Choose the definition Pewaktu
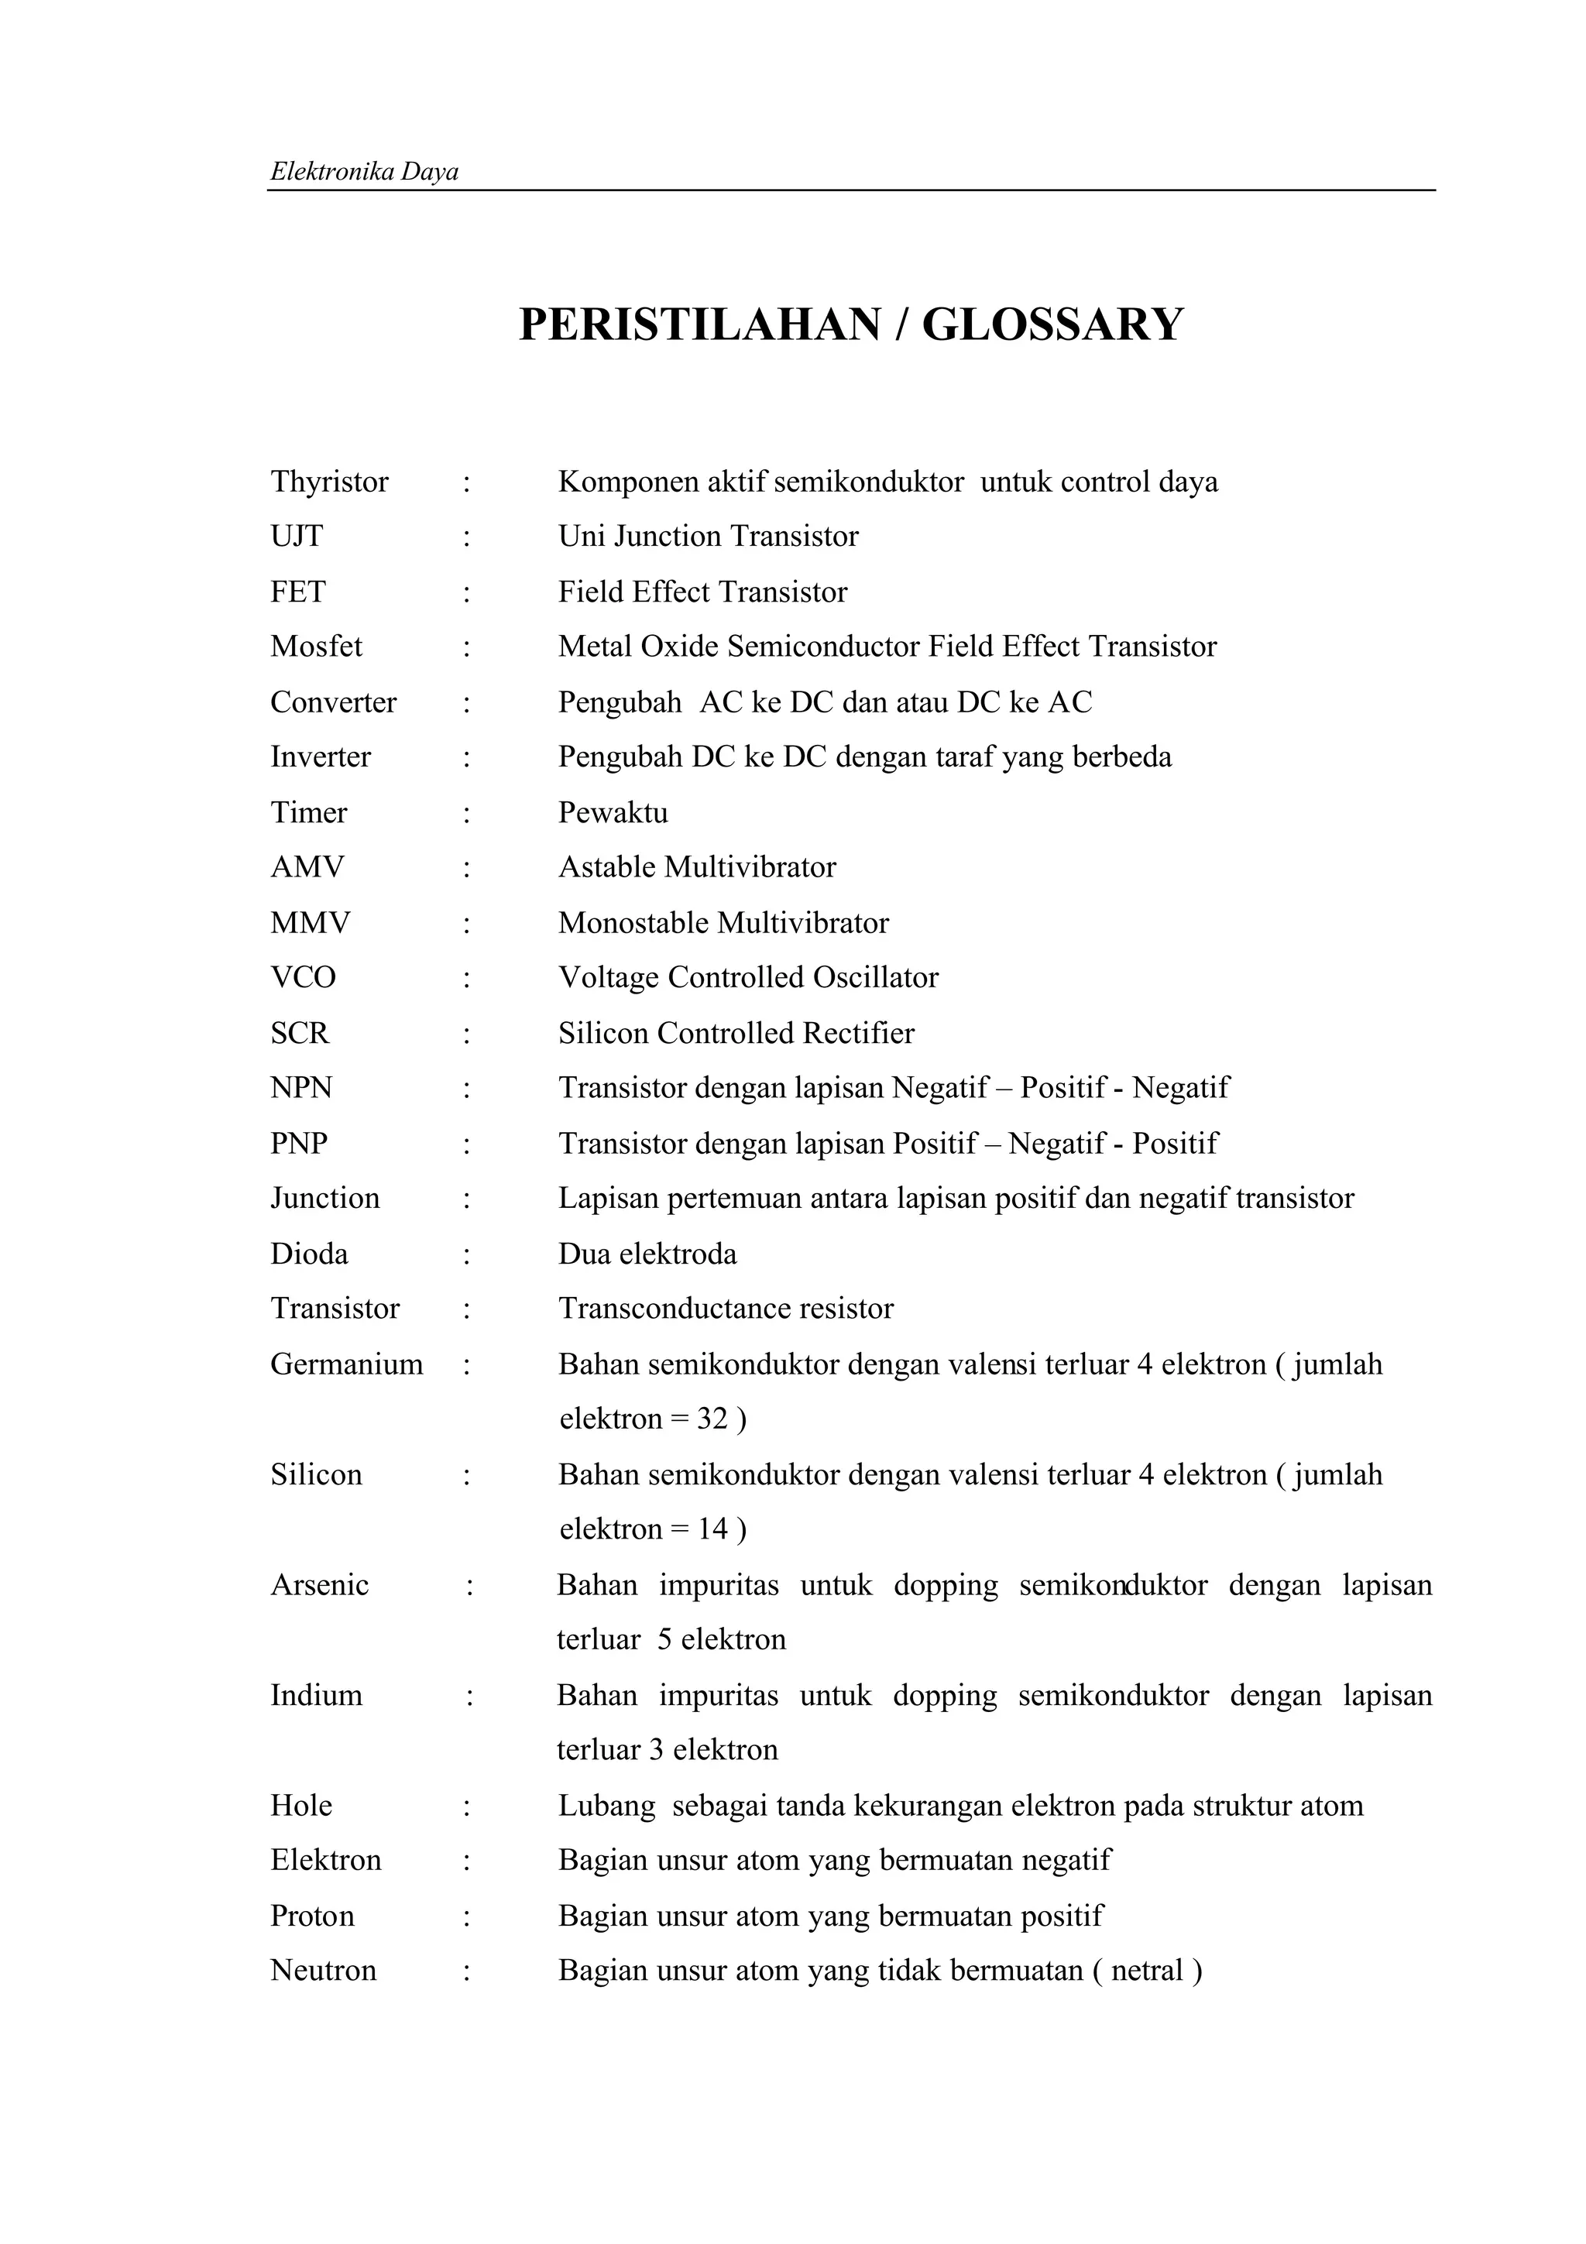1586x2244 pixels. tap(613, 812)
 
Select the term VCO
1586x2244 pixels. tap(303, 977)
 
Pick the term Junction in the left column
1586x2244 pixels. tap(324, 1198)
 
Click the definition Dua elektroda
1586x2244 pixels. tap(647, 1254)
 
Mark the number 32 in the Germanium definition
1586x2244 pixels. tap(712, 1419)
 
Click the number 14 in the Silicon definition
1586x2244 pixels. tap(712, 1529)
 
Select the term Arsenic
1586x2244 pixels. tap(320, 1584)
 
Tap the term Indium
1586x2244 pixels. tap(316, 1695)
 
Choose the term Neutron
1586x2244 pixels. tap(324, 1971)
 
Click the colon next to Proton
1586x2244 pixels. tap(467, 1916)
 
